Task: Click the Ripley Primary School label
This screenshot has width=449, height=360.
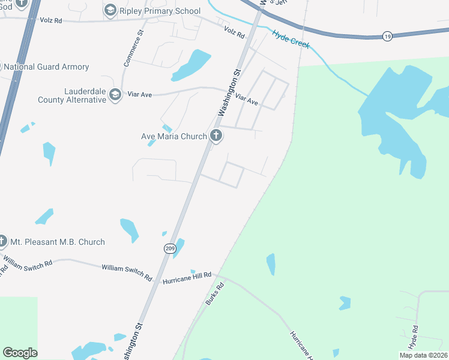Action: [x=160, y=11]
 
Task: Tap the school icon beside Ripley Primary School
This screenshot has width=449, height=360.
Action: [x=110, y=10]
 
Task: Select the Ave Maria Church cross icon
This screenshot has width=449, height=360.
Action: [x=216, y=136]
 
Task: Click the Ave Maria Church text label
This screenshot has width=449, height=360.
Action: [x=173, y=136]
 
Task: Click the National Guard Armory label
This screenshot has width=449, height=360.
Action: [x=46, y=67]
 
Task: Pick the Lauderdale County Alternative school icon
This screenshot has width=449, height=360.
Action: [x=116, y=95]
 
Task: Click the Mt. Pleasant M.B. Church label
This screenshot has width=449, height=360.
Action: [x=58, y=242]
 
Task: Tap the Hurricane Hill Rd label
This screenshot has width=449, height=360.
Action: [x=187, y=277]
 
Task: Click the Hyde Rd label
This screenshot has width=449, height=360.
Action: [x=414, y=338]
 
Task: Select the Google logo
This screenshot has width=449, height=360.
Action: [x=20, y=353]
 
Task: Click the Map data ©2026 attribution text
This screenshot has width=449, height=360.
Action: [x=423, y=355]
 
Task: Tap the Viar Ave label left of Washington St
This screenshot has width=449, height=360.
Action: [x=137, y=95]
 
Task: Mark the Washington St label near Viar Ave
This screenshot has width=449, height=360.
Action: [x=229, y=93]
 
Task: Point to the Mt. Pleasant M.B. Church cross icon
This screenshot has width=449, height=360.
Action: [x=2, y=241]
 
